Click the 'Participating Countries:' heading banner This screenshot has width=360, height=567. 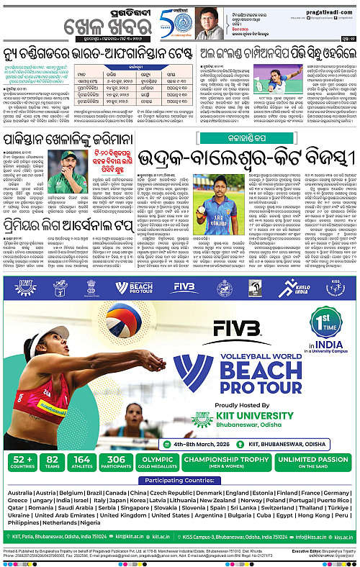click(180, 480)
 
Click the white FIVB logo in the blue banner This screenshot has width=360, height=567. click(184, 287)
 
